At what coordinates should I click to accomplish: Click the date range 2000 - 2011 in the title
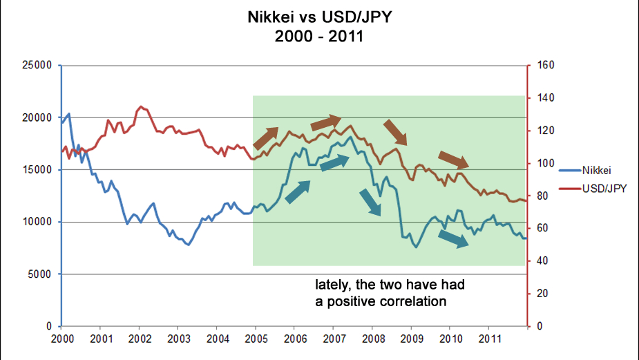319,35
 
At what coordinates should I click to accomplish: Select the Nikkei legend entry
598,169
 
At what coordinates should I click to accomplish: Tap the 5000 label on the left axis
41,274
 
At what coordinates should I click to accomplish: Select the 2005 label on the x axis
256,339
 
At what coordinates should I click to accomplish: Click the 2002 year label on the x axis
140,339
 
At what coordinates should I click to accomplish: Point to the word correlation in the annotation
412,302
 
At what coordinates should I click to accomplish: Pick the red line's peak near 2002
141,106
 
